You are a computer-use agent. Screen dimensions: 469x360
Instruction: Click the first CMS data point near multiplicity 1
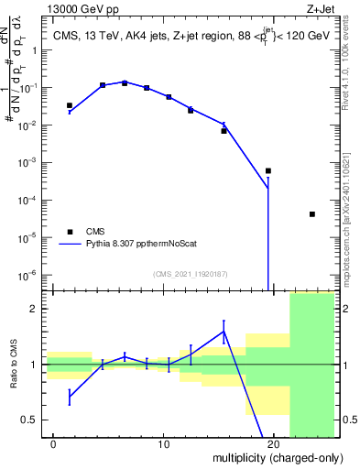pyautogui.click(x=70, y=105)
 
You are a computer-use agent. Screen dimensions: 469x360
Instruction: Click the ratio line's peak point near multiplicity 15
pyautogui.click(x=224, y=332)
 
